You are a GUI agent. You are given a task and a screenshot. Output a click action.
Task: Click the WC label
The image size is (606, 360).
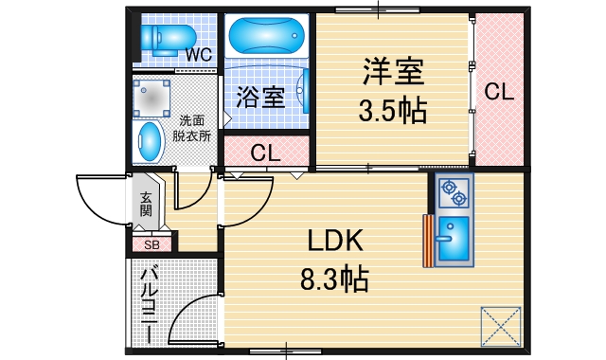tap(198, 54)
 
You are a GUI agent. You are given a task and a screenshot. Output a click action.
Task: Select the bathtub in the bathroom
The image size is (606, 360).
tap(266, 38)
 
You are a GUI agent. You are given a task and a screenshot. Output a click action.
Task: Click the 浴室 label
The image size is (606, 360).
tap(260, 97)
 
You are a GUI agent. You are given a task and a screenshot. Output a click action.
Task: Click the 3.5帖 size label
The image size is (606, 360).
tap(392, 111)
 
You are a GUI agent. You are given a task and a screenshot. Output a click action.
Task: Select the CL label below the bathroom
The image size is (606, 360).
tap(266, 153)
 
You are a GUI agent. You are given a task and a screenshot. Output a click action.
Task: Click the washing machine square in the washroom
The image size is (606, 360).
tap(151, 95)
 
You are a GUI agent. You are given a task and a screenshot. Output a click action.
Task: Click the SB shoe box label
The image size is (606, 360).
tap(151, 243)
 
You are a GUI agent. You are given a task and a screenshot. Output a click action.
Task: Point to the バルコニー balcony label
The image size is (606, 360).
tap(149, 301)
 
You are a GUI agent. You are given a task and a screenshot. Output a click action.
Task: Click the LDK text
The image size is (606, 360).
tap(334, 243)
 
